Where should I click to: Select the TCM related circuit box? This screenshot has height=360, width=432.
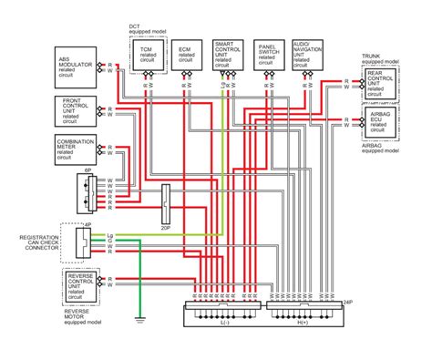[148, 56]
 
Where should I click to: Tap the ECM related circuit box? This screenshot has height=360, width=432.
[185, 56]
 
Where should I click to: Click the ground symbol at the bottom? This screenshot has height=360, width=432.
[139, 318]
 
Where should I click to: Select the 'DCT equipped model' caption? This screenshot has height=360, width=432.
[146, 29]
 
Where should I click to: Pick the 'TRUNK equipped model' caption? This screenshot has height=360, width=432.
[380, 59]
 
